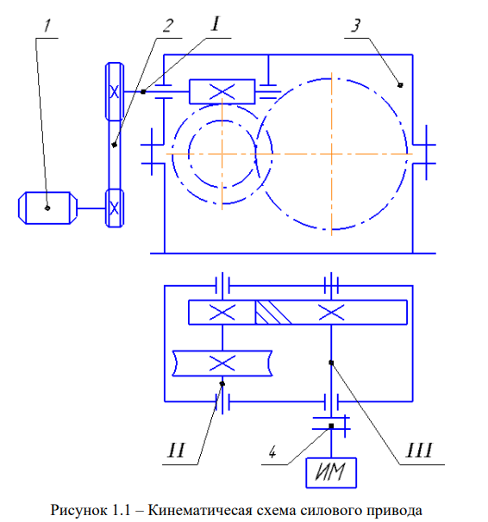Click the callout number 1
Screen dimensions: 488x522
(x=48, y=26)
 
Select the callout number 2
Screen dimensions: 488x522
(x=168, y=26)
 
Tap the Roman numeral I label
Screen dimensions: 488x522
(x=216, y=24)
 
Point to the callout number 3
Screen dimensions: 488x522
(x=356, y=26)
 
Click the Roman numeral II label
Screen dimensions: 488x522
(x=176, y=451)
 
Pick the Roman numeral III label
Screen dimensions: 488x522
(x=419, y=451)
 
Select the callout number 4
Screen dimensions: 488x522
(x=272, y=452)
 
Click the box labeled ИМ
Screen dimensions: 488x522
(x=331, y=473)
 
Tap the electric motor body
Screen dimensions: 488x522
(x=47, y=208)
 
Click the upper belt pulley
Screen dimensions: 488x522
(x=115, y=91)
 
